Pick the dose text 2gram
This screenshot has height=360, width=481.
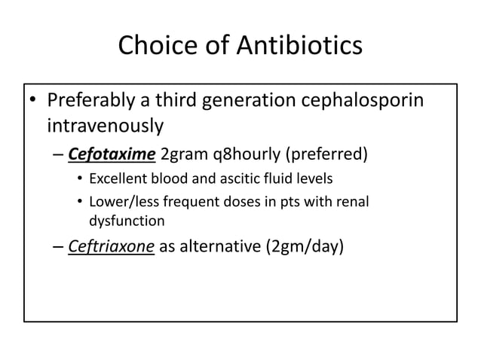pyautogui.click(x=185, y=156)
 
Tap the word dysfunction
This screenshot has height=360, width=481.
pyautogui.click(x=125, y=221)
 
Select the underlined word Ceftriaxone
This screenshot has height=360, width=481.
pyautogui.click(x=112, y=248)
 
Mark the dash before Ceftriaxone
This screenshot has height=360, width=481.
pyautogui.click(x=58, y=249)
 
